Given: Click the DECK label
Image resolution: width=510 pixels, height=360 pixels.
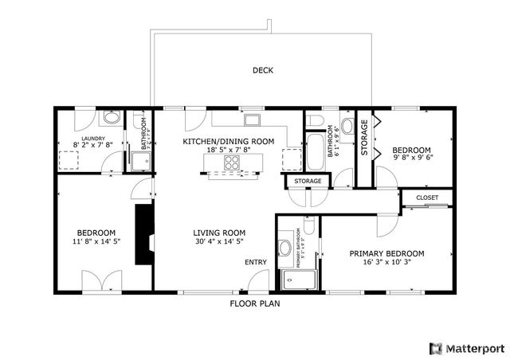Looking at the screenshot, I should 263,70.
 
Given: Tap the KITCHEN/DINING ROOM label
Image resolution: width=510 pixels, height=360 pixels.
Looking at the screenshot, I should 229,141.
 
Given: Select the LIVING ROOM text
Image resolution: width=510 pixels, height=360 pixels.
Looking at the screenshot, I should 218,233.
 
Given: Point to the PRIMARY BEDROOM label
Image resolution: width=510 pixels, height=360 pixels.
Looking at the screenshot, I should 386,253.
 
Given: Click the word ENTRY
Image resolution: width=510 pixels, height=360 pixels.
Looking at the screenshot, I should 255,262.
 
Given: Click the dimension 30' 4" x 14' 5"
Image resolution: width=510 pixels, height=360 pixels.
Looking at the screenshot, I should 218,241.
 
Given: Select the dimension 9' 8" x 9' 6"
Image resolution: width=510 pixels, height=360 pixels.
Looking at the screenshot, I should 411,158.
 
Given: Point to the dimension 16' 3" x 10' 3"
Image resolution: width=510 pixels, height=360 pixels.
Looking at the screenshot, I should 386,262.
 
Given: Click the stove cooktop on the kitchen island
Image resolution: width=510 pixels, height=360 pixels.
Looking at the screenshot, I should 233,162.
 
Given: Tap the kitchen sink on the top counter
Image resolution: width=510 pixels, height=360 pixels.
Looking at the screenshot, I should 253,120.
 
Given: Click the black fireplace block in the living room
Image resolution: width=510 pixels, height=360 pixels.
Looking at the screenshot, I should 143,235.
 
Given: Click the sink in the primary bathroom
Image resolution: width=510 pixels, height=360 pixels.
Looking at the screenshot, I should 284,248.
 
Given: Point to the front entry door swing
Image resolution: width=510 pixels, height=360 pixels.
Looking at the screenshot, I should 258,281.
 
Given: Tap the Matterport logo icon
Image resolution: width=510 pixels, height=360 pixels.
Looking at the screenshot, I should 435,348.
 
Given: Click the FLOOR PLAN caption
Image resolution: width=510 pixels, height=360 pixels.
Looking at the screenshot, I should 254,303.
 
